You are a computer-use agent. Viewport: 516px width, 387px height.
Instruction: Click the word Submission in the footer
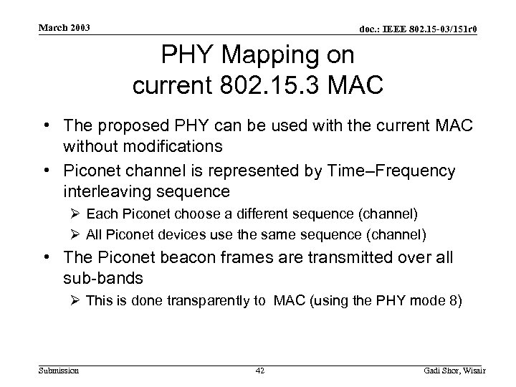click(59, 370)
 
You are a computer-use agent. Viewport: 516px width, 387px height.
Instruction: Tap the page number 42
click(259, 371)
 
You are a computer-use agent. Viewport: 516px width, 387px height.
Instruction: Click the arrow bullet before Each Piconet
click(76, 214)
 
